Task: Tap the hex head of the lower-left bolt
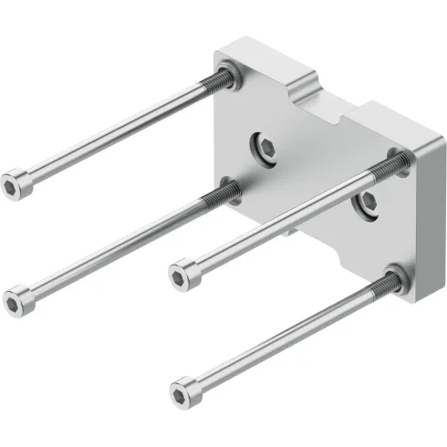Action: pos(18,298)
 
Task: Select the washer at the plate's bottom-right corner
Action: pos(395,278)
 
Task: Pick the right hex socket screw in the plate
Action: pos(369,201)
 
